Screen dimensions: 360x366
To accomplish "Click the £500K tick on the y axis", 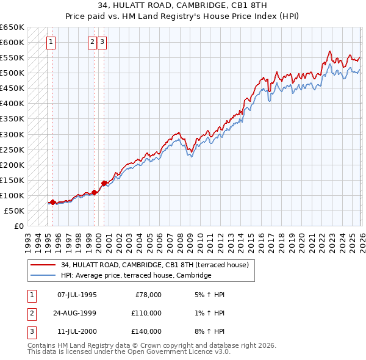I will [12, 73].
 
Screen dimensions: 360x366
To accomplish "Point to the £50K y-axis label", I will [13, 211].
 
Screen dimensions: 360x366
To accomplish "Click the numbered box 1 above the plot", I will [50, 42].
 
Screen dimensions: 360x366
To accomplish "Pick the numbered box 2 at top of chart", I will [92, 42].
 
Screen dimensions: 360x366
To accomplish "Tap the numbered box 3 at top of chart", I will [101, 42].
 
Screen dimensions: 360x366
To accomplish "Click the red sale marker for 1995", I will [52, 202].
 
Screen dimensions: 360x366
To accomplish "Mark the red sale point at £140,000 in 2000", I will [104, 183].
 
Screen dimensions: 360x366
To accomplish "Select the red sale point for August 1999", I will [95, 192].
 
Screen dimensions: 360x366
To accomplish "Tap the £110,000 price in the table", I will [146, 313].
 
